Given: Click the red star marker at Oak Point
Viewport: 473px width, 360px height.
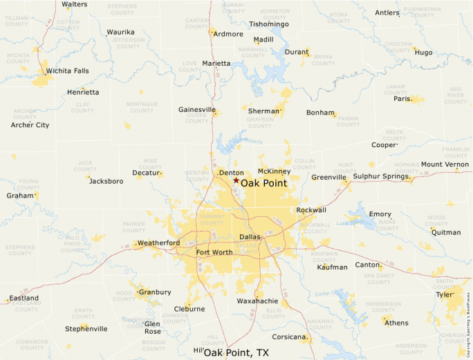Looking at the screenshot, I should pos(236,180).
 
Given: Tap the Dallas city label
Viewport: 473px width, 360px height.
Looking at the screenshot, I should pos(250,237).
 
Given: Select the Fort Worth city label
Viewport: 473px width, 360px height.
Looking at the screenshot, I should pos(214,252).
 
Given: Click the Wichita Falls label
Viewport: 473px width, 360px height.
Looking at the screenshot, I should pos(67,70).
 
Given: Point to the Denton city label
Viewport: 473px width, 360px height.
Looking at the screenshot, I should pos(231,173).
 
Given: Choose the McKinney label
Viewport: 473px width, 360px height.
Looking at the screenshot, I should pos(273,171).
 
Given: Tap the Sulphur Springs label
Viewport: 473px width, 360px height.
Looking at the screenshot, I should pos(382,177).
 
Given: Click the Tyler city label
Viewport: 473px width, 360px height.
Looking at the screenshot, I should pos(444,294).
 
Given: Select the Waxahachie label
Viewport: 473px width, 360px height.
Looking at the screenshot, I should pos(257,301).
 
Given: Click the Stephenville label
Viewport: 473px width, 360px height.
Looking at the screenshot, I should pos(86,329).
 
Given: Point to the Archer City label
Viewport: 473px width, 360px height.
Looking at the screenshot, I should pos(30,125).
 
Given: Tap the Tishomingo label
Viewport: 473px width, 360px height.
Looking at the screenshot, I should pos(269,24).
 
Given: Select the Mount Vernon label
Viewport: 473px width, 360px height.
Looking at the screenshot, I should pos(445,164).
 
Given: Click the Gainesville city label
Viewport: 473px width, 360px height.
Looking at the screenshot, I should pos(197,110).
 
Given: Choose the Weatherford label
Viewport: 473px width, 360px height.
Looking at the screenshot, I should pos(158,243).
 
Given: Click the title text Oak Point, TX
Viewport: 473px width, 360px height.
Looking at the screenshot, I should pos(236,352).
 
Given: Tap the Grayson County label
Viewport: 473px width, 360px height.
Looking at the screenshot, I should pos(260,122).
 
